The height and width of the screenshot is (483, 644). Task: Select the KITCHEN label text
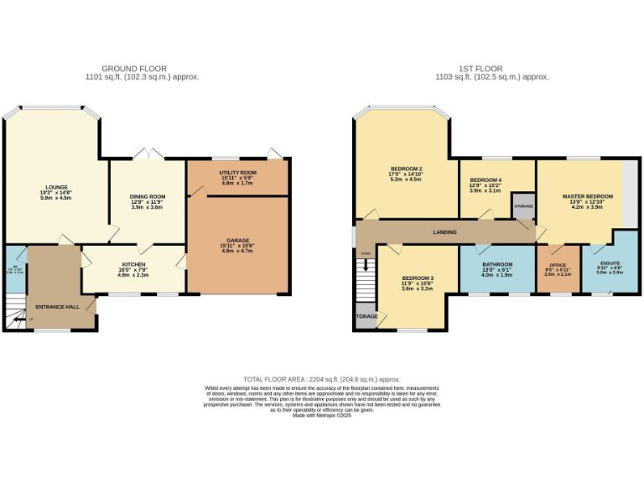[133, 264]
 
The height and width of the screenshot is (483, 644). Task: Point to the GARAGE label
[236, 240]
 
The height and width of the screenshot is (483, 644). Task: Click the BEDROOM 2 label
[405, 169]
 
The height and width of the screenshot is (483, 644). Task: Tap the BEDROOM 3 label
[417, 278]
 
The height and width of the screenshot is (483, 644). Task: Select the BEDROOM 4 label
[486, 180]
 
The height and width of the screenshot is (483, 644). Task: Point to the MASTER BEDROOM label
[587, 196]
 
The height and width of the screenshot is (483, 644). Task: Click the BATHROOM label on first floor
[497, 263]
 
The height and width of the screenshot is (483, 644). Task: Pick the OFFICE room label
[557, 264]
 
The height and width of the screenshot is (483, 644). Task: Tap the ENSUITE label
[610, 262]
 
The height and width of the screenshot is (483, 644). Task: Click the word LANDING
[444, 231]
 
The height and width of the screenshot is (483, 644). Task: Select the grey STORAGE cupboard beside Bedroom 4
[523, 206]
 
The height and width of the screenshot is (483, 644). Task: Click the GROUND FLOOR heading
[134, 68]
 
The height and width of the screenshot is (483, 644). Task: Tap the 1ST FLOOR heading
[480, 68]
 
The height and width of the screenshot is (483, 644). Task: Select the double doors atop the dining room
[148, 154]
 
